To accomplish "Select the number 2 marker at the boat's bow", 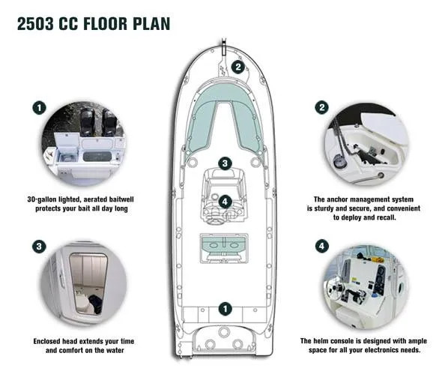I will (238, 66).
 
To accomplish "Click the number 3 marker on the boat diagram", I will (225, 163).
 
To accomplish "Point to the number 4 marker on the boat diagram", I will (225, 202).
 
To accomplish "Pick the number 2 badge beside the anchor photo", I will (321, 107).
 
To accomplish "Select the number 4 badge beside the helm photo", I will (321, 246).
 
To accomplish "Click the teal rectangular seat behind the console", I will (225, 246).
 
